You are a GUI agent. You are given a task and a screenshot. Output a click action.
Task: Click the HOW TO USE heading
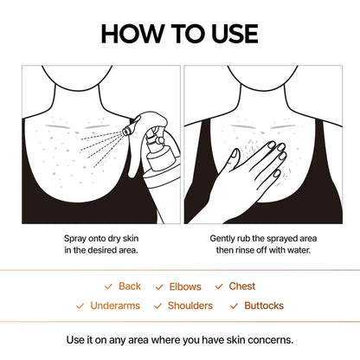(179, 33)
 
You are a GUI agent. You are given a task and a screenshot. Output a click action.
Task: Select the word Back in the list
(130, 286)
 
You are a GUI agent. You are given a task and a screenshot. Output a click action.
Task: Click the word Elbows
(185, 286)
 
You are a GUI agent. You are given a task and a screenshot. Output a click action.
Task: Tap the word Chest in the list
(242, 286)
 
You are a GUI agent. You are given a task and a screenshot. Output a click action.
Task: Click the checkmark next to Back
(107, 286)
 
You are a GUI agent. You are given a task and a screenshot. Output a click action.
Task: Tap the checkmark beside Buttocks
(234, 306)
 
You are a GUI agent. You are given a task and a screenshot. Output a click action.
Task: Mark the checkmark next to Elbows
(159, 286)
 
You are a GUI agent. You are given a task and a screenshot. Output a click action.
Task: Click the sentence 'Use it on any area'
(179, 339)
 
